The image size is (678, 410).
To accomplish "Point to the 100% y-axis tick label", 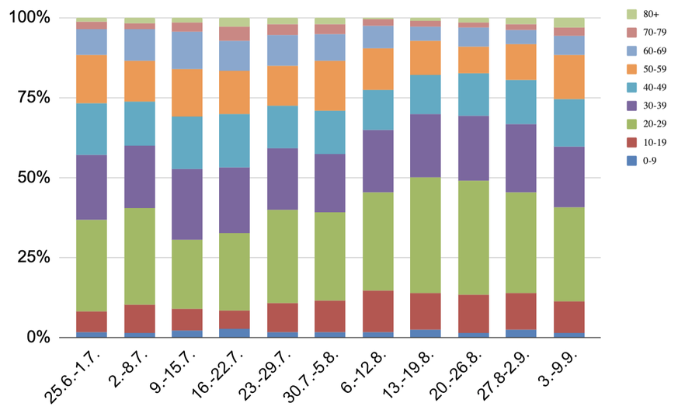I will click(x=30, y=17).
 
